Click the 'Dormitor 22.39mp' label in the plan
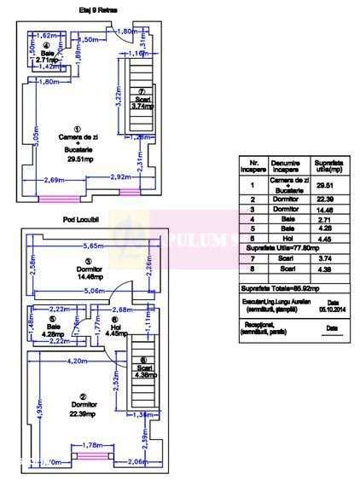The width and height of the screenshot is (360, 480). click(x=83, y=408)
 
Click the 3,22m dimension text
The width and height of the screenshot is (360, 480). click(x=117, y=101)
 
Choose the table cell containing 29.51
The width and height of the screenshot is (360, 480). click(x=324, y=184)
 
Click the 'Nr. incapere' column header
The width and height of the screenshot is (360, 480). click(x=253, y=165)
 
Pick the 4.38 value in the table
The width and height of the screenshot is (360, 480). click(x=324, y=272)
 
